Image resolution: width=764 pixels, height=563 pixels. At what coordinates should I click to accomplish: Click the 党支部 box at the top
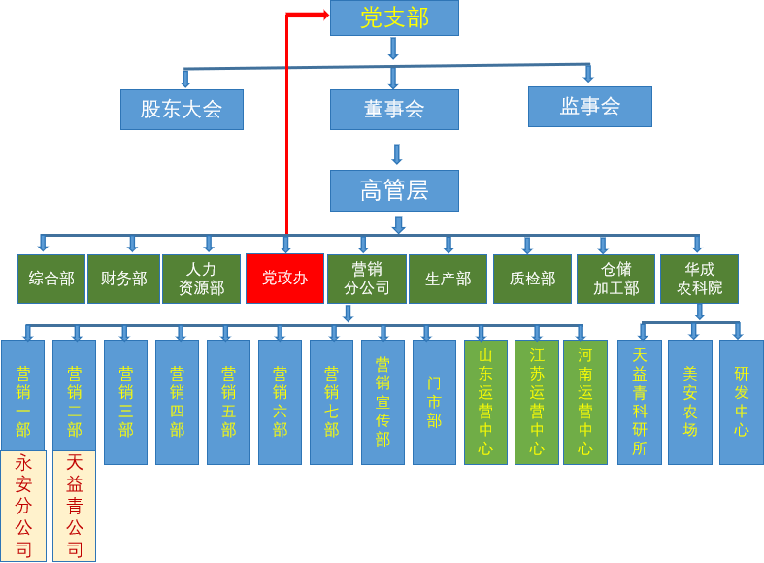(x=394, y=18)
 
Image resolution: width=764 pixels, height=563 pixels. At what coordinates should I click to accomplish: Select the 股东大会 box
(x=182, y=110)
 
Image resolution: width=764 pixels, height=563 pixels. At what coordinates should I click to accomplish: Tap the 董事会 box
(x=394, y=110)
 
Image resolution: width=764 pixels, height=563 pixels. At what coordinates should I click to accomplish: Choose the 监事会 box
(x=589, y=107)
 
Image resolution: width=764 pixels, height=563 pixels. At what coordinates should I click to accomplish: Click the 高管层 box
(x=394, y=190)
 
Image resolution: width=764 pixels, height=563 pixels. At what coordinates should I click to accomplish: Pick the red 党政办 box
(x=284, y=279)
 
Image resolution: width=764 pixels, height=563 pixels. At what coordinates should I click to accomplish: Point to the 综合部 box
(x=51, y=279)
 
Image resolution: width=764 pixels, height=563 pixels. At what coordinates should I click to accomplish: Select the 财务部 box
(x=123, y=279)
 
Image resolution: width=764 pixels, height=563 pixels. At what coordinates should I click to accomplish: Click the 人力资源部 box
(x=201, y=279)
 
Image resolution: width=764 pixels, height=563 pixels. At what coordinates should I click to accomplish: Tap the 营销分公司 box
(x=366, y=279)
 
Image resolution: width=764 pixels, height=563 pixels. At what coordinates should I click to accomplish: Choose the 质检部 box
(x=532, y=279)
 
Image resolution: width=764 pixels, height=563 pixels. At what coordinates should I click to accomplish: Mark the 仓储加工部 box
(x=615, y=279)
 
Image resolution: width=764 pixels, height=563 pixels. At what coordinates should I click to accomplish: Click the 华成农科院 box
(x=699, y=279)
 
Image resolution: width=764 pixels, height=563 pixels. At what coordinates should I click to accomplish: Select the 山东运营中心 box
(x=485, y=402)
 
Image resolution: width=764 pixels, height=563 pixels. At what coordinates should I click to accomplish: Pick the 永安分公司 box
(x=23, y=506)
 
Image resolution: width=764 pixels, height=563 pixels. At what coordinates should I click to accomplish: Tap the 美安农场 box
(x=690, y=402)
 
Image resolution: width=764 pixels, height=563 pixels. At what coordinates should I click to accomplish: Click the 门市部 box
(x=434, y=402)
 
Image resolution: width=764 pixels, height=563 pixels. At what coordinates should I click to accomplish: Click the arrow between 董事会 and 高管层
(x=396, y=153)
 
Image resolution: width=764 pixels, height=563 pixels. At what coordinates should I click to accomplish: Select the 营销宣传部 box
(x=382, y=402)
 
